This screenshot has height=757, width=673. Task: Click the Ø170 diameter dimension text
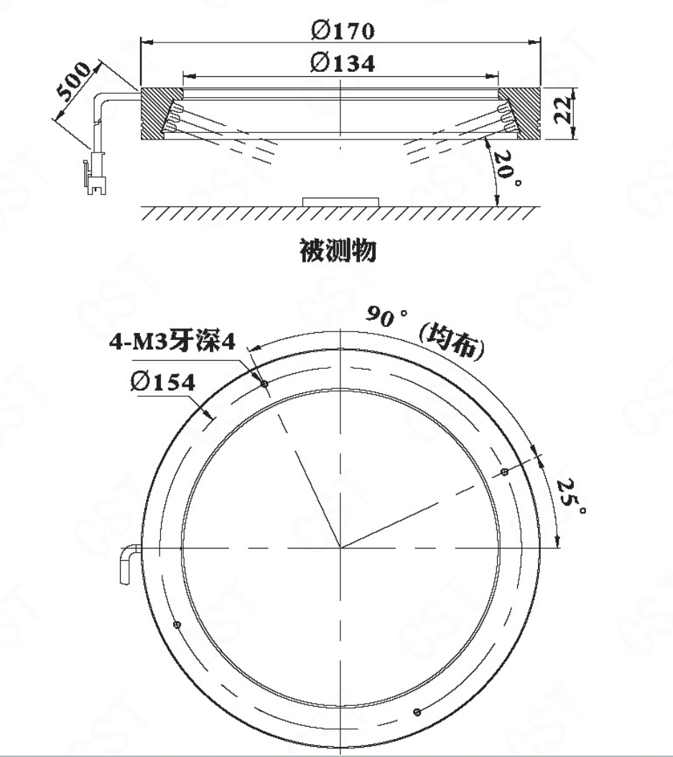(343, 31)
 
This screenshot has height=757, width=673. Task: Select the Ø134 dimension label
(343, 63)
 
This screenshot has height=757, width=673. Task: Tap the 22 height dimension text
(562, 110)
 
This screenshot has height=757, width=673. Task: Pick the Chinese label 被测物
(338, 251)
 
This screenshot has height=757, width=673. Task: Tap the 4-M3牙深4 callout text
(172, 342)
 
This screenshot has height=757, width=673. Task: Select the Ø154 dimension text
(163, 382)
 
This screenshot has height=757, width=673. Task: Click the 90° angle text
(387, 317)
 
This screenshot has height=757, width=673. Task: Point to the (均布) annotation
(452, 341)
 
